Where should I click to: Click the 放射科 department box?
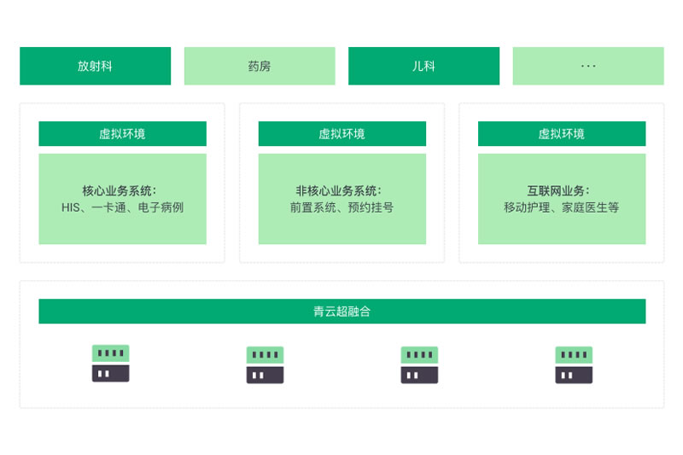pyautogui.click(x=95, y=66)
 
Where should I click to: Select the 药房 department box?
pyautogui.click(x=260, y=66)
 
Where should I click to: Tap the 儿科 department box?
pyautogui.click(x=423, y=66)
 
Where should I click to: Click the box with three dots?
pyautogui.click(x=588, y=66)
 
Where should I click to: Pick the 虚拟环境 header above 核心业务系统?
pyautogui.click(x=122, y=134)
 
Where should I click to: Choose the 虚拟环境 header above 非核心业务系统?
pyautogui.click(x=341, y=134)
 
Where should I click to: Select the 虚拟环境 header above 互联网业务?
pyautogui.click(x=562, y=134)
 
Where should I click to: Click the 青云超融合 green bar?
pyautogui.click(x=341, y=312)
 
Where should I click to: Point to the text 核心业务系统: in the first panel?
pyautogui.click(x=120, y=191)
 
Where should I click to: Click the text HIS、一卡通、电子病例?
pyautogui.click(x=122, y=207)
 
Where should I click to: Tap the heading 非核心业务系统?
pyautogui.click(x=339, y=191)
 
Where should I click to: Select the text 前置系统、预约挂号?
pyautogui.click(x=341, y=207)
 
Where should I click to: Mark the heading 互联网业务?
pyautogui.click(x=558, y=191)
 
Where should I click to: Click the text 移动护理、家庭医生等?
pyautogui.click(x=562, y=207)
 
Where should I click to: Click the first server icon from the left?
pyautogui.click(x=110, y=363)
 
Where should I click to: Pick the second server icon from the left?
pyautogui.click(x=265, y=365)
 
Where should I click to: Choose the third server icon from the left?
pyautogui.click(x=419, y=365)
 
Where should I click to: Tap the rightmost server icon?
pyautogui.click(x=574, y=365)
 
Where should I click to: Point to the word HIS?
pyautogui.click(x=70, y=207)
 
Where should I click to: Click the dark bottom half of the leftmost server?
pyautogui.click(x=110, y=373)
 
